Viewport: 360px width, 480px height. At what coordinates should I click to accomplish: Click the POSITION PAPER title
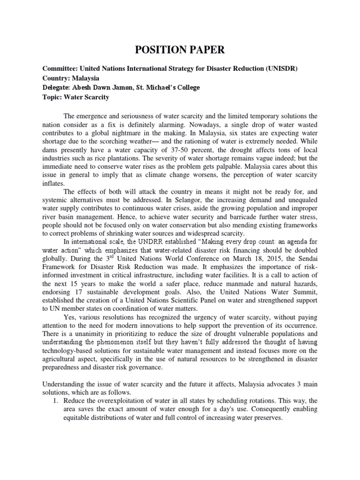pyautogui.click(x=180, y=51)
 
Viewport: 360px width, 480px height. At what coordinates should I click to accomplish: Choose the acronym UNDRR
pyautogui.click(x=139, y=242)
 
